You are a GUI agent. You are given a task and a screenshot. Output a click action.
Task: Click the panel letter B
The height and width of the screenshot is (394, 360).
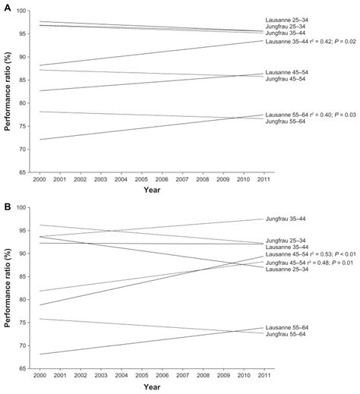[6, 202]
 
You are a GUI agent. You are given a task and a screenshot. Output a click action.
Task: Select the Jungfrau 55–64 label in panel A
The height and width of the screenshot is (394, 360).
[289, 121]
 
